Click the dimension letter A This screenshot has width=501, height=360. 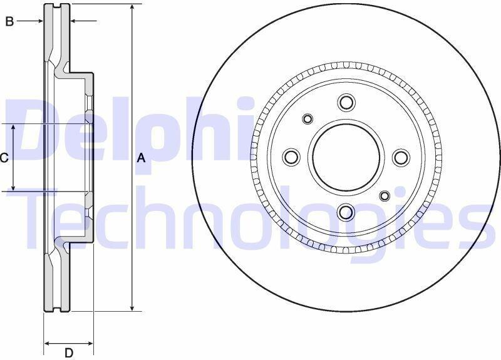point(141,158)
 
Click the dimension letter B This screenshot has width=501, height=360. point(9,21)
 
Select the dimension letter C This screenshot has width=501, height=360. point(4,158)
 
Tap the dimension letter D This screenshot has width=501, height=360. point(69,353)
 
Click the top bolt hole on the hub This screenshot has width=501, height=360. point(346,103)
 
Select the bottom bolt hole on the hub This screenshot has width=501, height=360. point(346,212)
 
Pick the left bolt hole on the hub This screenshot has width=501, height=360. point(292,157)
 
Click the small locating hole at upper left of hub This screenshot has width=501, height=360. point(307,119)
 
